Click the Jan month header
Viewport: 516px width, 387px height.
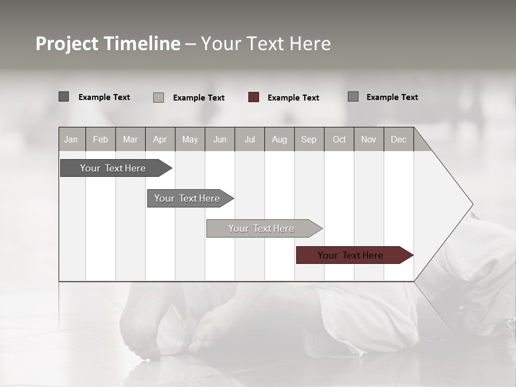point(71,139)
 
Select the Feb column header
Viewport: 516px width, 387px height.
point(101,139)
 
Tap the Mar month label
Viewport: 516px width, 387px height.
point(130,139)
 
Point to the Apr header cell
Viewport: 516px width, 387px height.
point(160,139)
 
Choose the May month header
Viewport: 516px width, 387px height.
point(190,139)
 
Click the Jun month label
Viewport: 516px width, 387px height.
point(220,139)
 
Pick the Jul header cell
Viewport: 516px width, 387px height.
point(249,139)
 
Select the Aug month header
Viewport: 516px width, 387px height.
point(279,139)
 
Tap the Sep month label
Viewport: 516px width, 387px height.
point(309,139)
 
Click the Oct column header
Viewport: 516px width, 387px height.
point(339,139)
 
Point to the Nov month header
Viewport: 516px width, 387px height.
point(369,139)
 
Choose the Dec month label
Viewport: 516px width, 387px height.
point(398,139)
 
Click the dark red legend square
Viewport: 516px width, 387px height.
point(254,97)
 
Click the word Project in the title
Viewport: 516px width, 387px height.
point(67,44)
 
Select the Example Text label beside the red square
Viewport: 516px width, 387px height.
point(293,98)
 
